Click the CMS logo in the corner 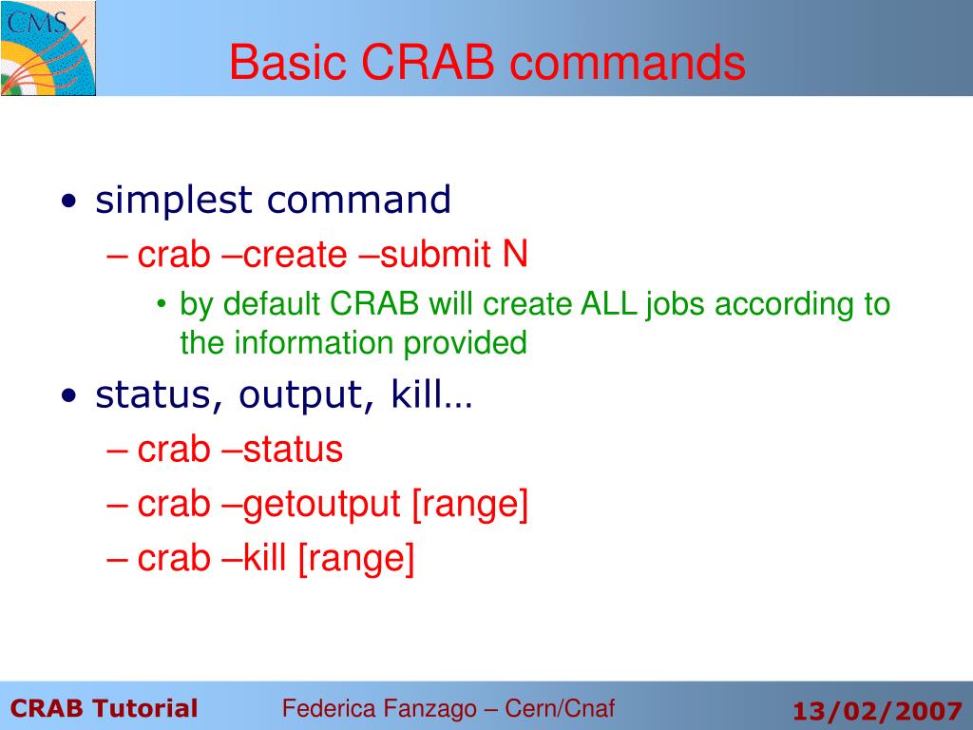[x=48, y=48]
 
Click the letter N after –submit [x=515, y=255]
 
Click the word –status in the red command [x=282, y=450]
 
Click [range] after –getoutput [x=469, y=504]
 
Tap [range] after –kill [x=355, y=559]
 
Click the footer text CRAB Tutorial [x=105, y=708]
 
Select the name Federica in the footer [x=330, y=707]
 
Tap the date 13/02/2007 [x=878, y=710]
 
